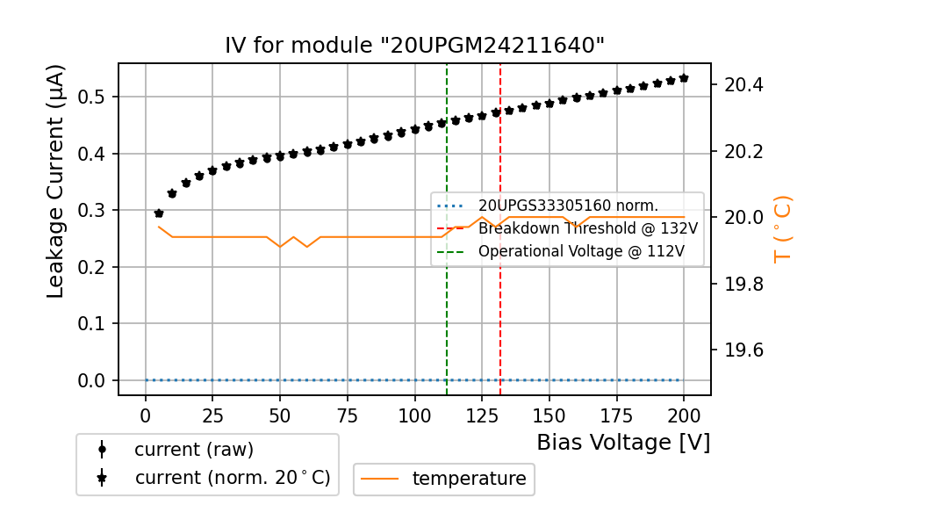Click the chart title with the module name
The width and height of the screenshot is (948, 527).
(414, 46)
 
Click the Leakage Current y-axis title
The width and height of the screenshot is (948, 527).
(56, 181)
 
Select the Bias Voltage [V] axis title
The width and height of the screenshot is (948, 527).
(623, 442)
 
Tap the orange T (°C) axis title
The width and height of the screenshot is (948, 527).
(782, 229)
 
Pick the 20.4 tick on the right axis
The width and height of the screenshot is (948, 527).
(743, 85)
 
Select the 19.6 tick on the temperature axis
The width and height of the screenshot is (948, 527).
(743, 350)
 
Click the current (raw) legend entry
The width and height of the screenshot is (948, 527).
(193, 450)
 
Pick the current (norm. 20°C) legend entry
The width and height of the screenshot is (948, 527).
(232, 478)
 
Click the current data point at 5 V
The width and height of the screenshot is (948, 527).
(159, 213)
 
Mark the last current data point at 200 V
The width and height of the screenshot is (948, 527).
(684, 78)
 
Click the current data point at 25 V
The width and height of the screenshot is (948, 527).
(212, 170)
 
